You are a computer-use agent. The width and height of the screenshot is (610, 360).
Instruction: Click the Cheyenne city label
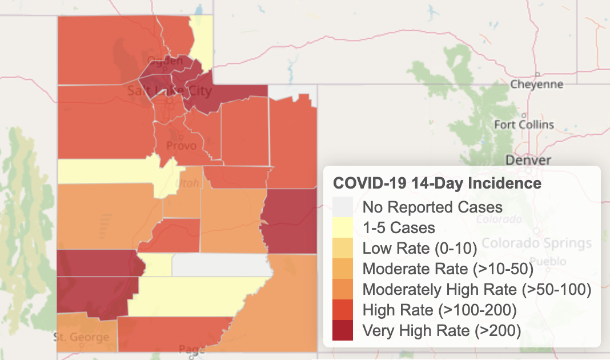pyautogui.click(x=536, y=85)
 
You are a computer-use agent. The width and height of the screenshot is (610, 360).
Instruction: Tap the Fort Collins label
pyautogui.click(x=524, y=125)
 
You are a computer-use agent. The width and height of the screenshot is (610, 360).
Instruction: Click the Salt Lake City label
pyautogui.click(x=169, y=91)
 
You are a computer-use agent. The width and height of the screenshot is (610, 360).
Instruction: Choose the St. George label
pyautogui.click(x=81, y=337)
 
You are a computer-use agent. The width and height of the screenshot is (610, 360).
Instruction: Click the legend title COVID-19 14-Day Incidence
pyautogui.click(x=437, y=183)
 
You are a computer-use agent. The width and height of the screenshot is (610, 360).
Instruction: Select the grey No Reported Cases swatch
pyautogui.click(x=343, y=206)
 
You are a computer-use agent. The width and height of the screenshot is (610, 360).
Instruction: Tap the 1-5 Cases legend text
pyautogui.click(x=399, y=227)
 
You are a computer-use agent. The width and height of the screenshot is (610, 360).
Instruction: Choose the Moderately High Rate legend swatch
pyautogui.click(x=343, y=289)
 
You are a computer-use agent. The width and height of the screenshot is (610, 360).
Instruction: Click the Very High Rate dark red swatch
pyautogui.click(x=343, y=330)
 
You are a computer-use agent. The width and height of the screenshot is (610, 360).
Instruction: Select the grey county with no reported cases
pyautogui.click(x=220, y=266)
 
